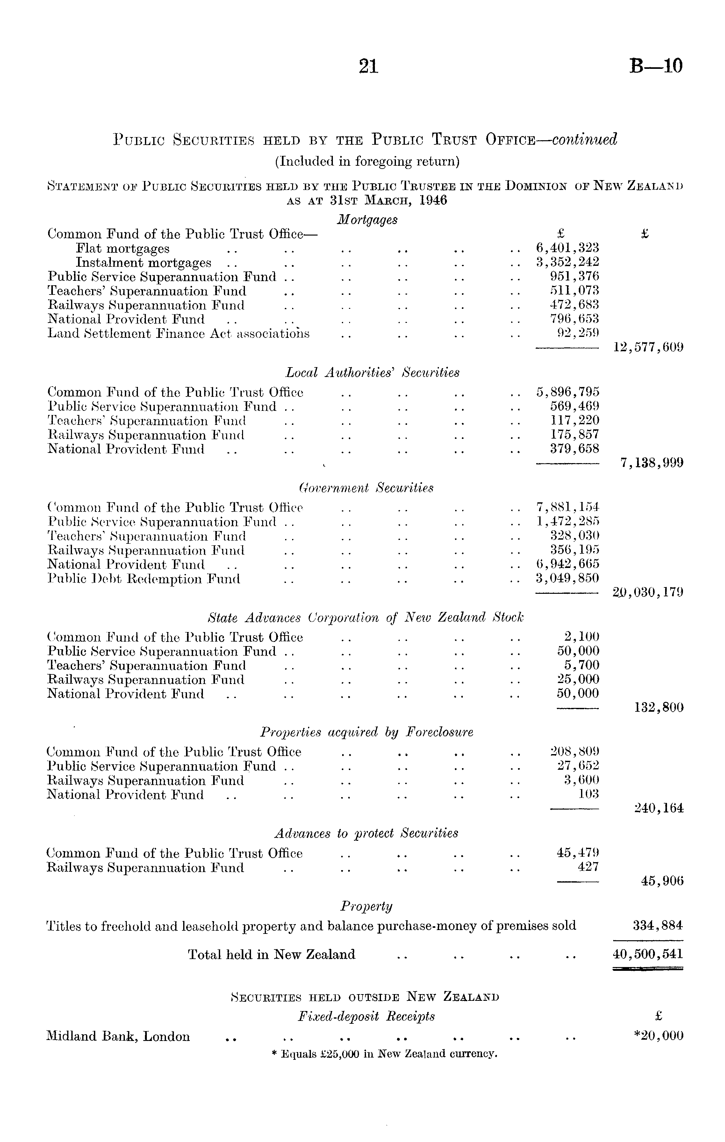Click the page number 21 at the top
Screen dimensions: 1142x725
(369, 66)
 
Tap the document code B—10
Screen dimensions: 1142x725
(656, 66)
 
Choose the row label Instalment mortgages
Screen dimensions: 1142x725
(144, 262)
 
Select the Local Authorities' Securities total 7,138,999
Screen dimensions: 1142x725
(651, 463)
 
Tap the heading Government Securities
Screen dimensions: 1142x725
(366, 488)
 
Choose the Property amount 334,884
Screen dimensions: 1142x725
(658, 925)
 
